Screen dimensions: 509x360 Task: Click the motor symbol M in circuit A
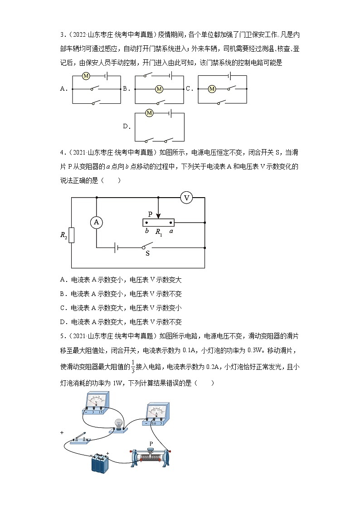coord(86,76)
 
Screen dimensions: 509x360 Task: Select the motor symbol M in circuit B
coord(159,89)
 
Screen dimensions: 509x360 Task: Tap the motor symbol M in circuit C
coord(211,89)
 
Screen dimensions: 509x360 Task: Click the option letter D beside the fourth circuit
coord(126,126)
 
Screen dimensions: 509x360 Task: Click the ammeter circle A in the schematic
coord(96,222)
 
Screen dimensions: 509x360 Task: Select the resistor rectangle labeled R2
coord(72,235)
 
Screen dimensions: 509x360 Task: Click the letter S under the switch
coord(147,254)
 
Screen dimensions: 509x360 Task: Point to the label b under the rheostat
coord(147,231)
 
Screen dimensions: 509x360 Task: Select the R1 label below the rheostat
coord(158,232)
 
